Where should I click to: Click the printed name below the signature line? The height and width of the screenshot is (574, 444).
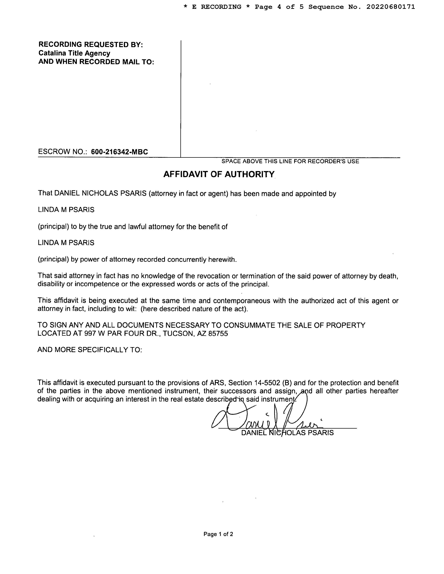pos(287,433)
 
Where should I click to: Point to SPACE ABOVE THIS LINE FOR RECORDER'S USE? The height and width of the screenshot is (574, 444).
pos(290,161)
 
